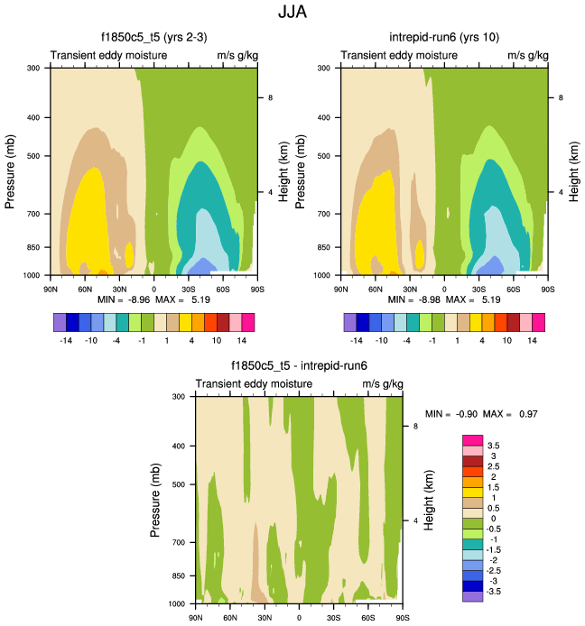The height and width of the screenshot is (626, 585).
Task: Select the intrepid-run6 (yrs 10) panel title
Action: click(444, 38)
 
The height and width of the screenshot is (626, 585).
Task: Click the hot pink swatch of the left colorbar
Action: click(248, 323)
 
